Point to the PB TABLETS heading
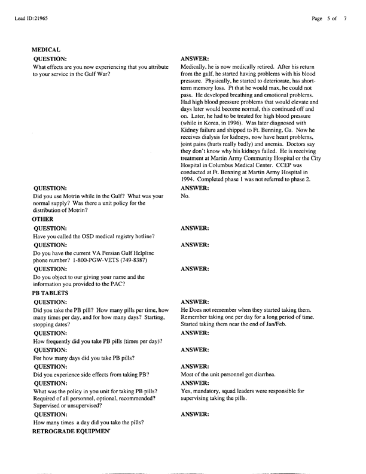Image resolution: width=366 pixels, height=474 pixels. pyautogui.click(x=50, y=294)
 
